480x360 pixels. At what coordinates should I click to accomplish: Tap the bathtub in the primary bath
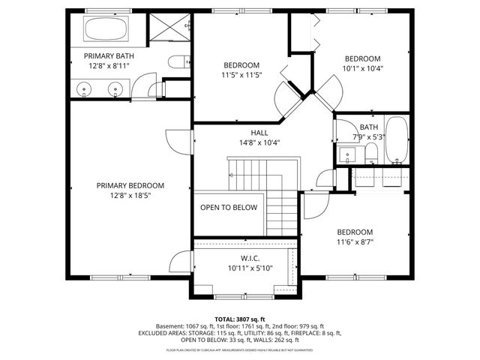tap(105, 30)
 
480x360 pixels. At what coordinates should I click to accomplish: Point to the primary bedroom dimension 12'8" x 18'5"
tap(130, 195)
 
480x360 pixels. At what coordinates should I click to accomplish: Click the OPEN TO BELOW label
tap(228, 208)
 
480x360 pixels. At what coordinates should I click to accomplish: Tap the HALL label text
tap(238, 132)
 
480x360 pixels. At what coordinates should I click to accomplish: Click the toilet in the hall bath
tap(370, 154)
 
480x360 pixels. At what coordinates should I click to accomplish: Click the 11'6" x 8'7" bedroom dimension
tap(354, 241)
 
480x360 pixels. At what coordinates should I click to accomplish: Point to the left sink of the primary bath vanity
tap(85, 88)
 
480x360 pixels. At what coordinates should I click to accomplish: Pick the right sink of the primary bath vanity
tap(115, 88)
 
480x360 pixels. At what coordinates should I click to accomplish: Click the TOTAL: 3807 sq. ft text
tap(239, 319)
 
